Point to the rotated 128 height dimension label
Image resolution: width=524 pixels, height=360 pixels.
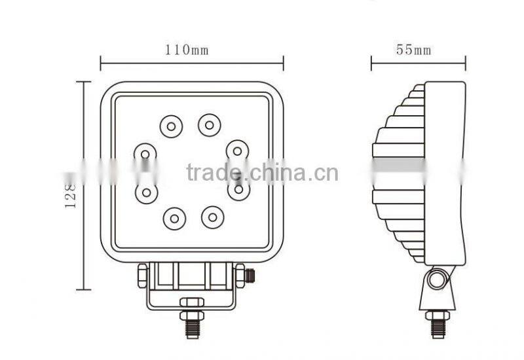(71, 194)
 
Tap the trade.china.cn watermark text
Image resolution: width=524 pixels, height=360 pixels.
(262, 173)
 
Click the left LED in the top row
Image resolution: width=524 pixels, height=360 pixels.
(171, 125)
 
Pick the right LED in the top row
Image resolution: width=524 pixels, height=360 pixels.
(210, 124)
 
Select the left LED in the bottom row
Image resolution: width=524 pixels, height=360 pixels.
(174, 218)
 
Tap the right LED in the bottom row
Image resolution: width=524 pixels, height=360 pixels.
(212, 217)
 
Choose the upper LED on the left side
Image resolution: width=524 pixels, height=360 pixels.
(145, 154)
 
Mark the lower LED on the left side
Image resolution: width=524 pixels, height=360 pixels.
(146, 192)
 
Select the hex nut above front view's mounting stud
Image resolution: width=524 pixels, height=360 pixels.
(192, 302)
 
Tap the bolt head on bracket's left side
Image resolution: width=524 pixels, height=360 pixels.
(143, 276)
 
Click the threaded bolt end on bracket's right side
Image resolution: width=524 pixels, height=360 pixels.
(249, 276)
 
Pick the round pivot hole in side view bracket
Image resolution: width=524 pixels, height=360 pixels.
(437, 281)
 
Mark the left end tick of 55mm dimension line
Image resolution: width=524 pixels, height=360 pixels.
(371, 63)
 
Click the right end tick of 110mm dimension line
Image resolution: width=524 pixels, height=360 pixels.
(283, 63)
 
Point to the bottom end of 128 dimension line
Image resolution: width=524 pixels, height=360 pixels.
(83, 289)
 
